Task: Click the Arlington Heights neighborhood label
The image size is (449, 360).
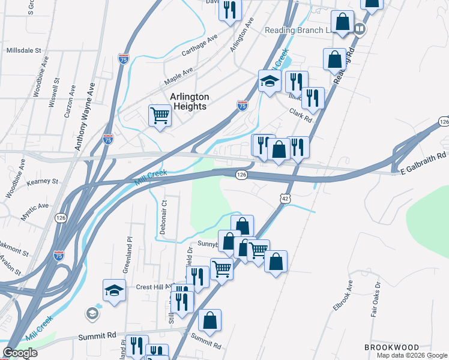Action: [x=189, y=101]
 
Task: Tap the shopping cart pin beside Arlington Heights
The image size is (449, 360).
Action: [x=160, y=115]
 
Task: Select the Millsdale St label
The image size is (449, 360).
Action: [x=23, y=52]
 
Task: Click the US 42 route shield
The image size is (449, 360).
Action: [x=286, y=198]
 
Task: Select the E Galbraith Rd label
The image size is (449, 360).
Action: [x=424, y=170]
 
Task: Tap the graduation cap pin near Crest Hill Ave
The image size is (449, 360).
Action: [x=114, y=292]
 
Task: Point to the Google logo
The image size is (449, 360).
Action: [x=20, y=353]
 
